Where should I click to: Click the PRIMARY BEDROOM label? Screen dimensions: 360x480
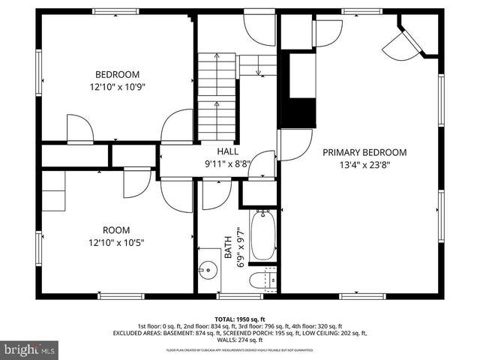point(364,151)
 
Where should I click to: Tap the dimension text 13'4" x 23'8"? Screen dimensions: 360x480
point(364,164)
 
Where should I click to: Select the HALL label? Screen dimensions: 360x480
point(217,151)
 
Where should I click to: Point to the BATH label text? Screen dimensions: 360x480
point(228,246)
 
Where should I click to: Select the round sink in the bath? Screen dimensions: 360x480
point(208,268)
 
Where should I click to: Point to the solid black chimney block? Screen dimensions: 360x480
point(302,112)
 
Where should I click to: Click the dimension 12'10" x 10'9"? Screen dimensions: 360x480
point(117,86)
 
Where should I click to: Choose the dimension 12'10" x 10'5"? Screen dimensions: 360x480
point(117,242)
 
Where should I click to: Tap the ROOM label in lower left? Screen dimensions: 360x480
point(117,229)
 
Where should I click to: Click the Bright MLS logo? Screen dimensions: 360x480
point(30,349)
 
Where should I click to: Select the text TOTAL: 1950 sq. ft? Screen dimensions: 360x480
point(240,318)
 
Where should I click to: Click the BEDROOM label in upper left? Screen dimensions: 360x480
point(117,73)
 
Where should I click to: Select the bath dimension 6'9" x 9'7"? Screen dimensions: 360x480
point(241,246)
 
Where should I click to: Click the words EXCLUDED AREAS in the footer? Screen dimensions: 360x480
point(139,333)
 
